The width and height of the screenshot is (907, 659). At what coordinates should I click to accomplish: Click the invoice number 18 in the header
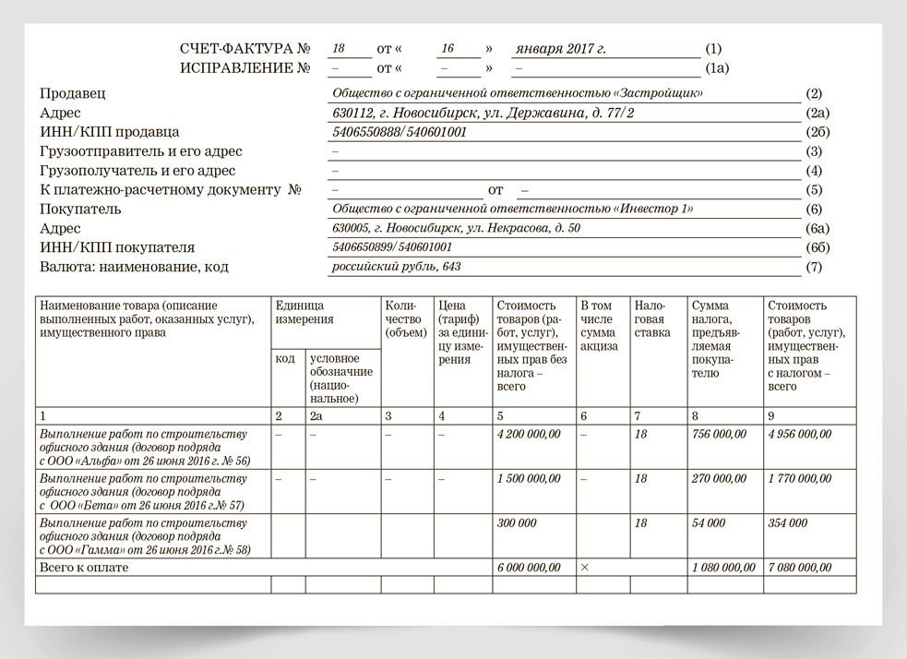(338, 48)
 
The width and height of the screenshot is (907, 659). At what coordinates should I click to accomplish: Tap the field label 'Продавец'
(73, 93)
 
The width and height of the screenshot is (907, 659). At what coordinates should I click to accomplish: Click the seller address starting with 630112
(483, 113)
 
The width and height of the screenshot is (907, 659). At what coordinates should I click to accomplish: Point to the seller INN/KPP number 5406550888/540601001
(400, 132)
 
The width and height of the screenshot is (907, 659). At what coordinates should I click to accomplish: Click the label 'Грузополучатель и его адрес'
(137, 171)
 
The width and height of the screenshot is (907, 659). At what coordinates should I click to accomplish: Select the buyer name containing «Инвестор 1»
(512, 210)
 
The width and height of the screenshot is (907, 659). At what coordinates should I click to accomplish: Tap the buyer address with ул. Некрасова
(456, 229)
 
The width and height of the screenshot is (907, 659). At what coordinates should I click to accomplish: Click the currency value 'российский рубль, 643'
(396, 267)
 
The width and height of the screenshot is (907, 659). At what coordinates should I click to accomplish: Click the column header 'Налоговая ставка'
(652, 318)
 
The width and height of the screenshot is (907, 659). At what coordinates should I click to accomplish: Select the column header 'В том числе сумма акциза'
(599, 326)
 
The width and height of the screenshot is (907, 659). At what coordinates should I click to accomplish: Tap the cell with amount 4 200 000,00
(529, 435)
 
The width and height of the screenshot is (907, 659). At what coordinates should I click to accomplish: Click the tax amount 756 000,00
(719, 435)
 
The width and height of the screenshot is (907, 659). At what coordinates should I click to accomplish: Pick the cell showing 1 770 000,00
(800, 479)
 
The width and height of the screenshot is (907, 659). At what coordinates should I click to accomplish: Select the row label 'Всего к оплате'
(84, 568)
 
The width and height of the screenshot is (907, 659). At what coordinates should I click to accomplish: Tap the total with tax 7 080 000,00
(800, 568)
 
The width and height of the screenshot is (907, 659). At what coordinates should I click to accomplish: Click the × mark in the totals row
(584, 568)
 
